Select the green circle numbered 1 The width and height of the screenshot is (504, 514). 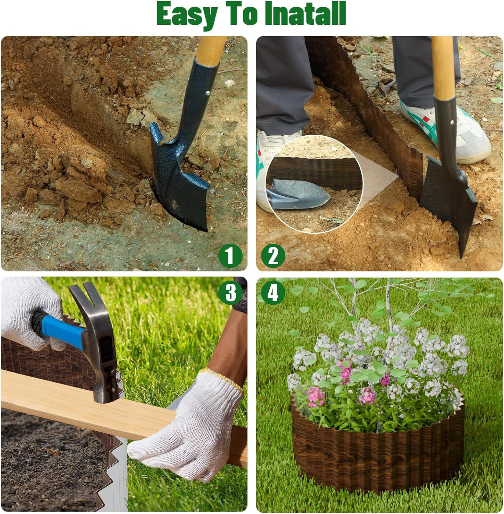pos(230,256)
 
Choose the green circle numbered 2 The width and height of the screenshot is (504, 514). pos(273,256)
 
